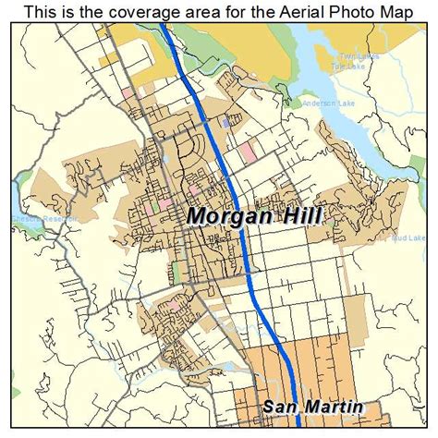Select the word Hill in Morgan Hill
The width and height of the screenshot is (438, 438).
[x=300, y=216]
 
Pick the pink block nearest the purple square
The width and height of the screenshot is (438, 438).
[x=248, y=149]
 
